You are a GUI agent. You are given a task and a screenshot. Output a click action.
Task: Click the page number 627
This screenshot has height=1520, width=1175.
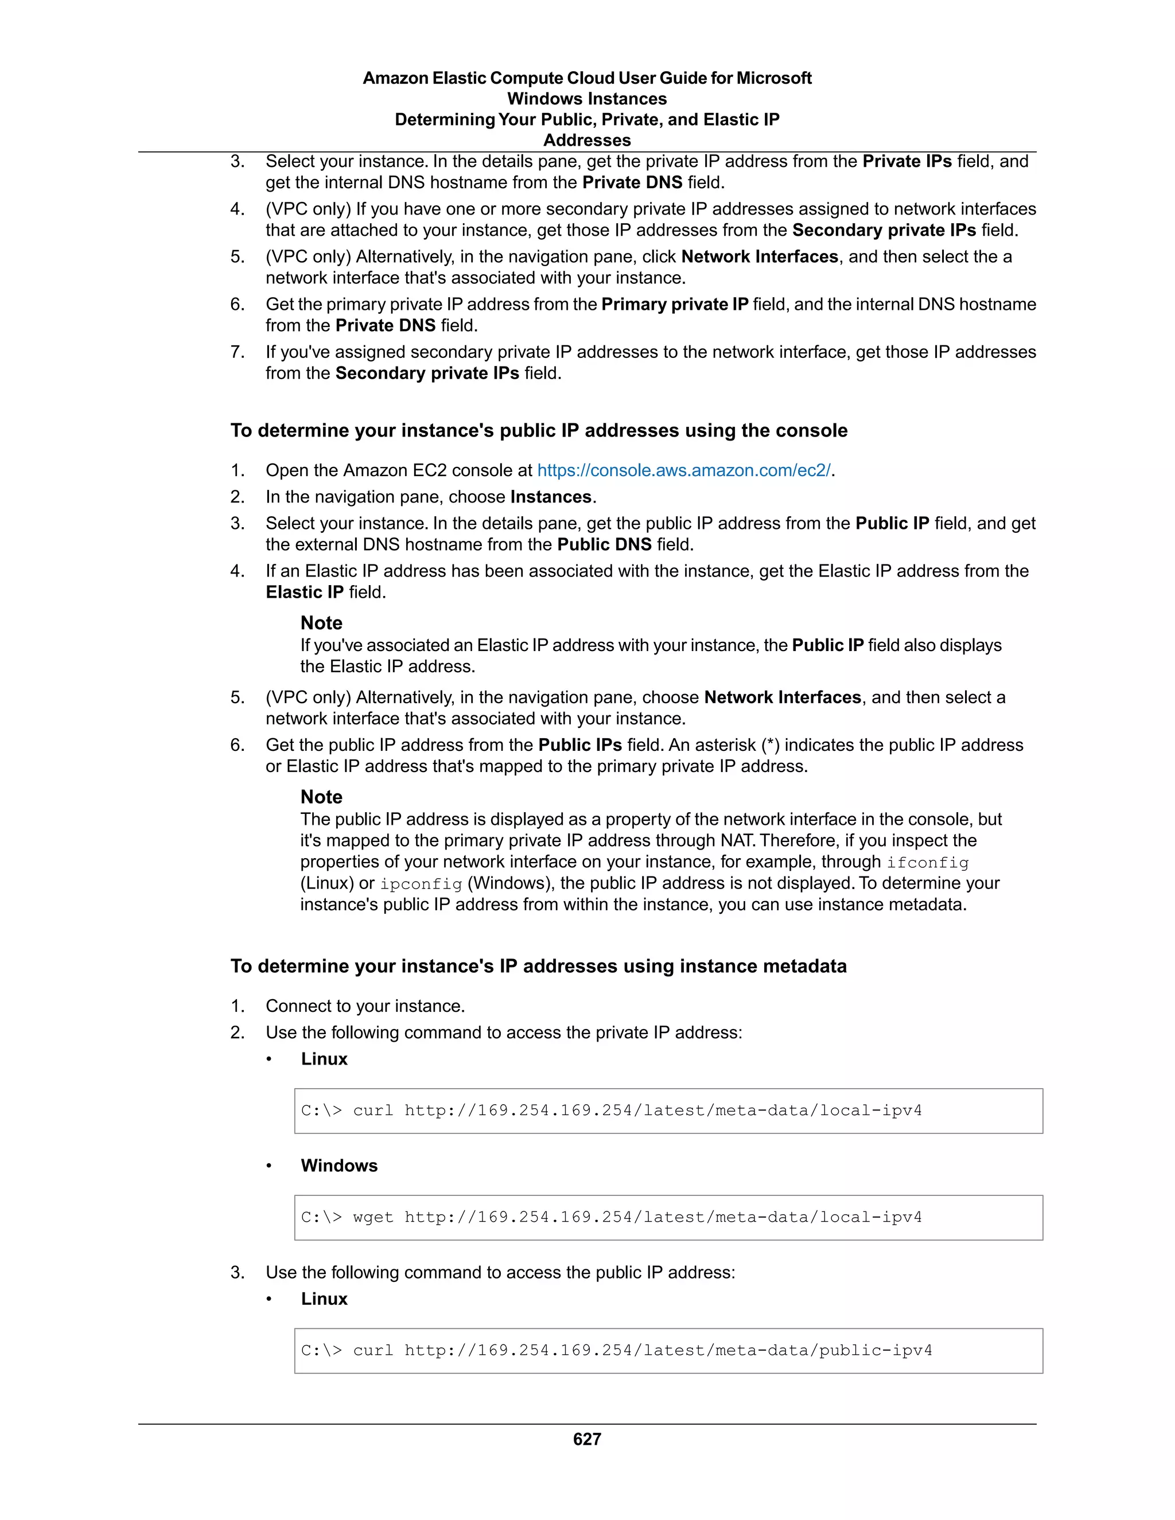(587, 1439)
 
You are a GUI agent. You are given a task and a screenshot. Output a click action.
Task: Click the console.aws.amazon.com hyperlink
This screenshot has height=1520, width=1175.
(683, 470)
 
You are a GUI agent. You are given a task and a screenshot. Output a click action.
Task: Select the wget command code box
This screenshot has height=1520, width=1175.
(668, 1217)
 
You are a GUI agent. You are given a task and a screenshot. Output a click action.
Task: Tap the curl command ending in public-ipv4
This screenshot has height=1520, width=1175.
(616, 1350)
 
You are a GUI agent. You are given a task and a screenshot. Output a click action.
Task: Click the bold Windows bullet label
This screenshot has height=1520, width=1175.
(339, 1165)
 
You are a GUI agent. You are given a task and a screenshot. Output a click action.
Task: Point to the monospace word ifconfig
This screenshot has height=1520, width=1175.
(927, 862)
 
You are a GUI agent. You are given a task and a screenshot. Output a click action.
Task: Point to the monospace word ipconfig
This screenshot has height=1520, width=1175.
(421, 884)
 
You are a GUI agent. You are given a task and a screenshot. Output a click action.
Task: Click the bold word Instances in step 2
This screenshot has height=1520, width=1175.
(551, 496)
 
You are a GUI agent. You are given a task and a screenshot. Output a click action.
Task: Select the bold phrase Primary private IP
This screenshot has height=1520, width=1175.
(675, 304)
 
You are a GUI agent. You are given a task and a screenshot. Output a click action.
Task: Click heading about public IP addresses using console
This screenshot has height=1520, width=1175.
(539, 430)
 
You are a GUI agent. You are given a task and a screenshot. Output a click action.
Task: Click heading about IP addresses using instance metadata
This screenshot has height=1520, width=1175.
(538, 966)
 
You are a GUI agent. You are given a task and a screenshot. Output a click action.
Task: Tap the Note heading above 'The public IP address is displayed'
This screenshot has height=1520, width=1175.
(321, 796)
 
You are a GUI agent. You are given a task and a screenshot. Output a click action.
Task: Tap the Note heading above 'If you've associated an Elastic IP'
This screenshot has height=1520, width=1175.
(321, 622)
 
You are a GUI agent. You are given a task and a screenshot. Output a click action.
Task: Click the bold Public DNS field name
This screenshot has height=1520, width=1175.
(604, 544)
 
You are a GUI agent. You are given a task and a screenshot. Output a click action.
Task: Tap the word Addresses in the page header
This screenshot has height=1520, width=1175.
(587, 140)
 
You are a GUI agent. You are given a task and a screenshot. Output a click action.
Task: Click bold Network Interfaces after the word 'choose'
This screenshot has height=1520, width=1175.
(783, 697)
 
